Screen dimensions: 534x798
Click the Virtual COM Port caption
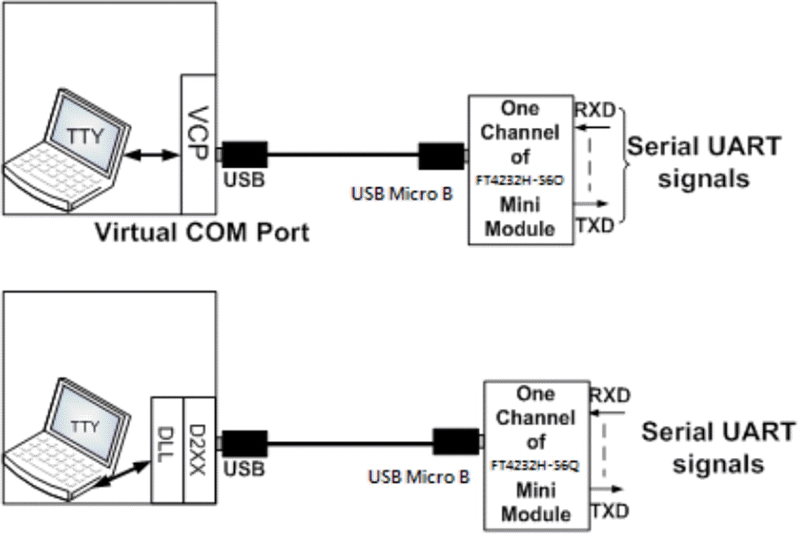point(200,233)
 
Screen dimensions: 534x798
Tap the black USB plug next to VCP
point(244,155)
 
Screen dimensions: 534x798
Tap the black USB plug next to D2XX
point(244,444)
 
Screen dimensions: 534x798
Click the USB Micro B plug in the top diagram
point(441,156)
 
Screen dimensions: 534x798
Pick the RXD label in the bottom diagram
point(610,396)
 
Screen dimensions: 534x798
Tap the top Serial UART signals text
point(703,162)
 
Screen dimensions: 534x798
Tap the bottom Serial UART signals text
point(717,448)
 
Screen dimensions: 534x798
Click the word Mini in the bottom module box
point(536,490)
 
